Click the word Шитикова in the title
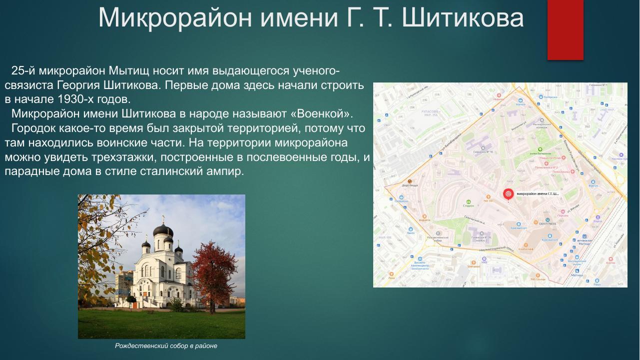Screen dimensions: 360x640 (462, 18)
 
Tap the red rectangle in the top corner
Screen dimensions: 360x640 (565, 29)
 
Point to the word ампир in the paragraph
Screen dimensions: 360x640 (226, 171)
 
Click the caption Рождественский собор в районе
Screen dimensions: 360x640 (166, 346)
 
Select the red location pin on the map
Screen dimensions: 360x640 (508, 194)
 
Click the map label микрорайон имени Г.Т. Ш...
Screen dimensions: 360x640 (537, 193)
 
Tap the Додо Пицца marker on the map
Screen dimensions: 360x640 (409, 182)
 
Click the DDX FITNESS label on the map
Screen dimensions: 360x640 (548, 223)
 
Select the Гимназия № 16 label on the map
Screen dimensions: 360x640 (483, 151)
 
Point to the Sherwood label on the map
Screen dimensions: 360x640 (473, 266)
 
